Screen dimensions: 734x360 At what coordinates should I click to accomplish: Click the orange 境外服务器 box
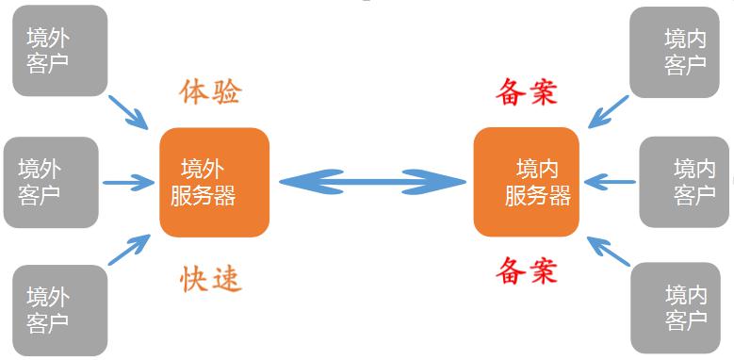pos(214,182)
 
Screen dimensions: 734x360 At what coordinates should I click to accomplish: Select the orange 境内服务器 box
pos(526,182)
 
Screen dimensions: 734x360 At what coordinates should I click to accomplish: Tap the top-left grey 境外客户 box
pos(59,51)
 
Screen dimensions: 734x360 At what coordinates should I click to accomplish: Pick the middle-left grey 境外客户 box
pos(50,182)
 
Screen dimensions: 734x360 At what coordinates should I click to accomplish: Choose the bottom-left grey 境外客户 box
pos(59,310)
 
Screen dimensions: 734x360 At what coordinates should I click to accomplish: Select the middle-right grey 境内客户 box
pos(686,182)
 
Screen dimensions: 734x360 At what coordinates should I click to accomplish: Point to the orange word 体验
pos(210,90)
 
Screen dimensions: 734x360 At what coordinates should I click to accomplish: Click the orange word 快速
pos(211,278)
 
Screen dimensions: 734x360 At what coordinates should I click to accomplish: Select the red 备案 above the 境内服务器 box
pos(526,90)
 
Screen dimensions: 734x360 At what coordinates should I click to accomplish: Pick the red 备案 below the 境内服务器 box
pos(526,271)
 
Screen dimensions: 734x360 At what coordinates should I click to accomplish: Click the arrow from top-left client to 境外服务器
pos(129,111)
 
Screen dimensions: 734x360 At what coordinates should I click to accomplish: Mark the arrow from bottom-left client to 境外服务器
pos(129,251)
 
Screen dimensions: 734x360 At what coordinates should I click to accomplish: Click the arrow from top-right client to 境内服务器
pos(609,111)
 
